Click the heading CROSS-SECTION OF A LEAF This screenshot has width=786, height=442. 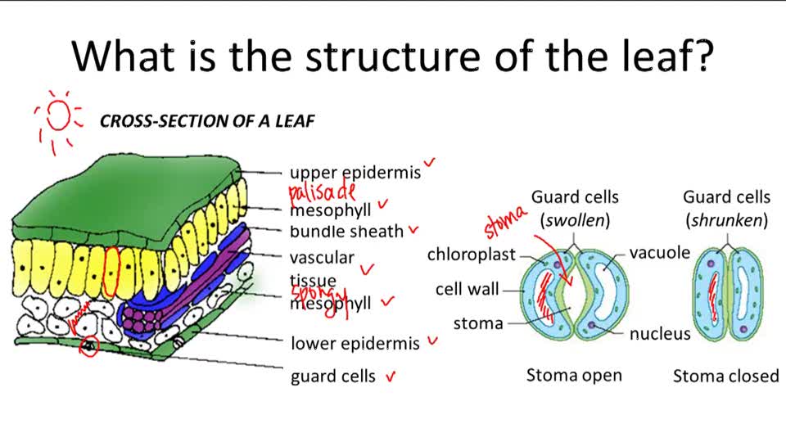coord(207,121)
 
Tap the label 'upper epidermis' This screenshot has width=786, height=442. coord(355,173)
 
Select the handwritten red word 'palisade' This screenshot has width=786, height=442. coord(323,192)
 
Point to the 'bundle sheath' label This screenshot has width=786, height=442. coord(346,232)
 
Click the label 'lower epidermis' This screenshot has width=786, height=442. coord(355,343)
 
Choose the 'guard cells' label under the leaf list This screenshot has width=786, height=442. coord(333,377)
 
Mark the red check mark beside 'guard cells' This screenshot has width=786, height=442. coord(391,377)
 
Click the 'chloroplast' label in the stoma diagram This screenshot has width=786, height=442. coord(471,255)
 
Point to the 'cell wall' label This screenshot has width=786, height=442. coord(468,289)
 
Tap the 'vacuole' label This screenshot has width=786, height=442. coord(660,253)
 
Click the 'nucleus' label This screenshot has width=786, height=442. coord(660,334)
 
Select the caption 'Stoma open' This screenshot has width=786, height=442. coord(574,376)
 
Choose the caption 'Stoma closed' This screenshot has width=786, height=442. coord(725,377)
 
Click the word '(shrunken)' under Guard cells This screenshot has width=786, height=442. coord(726,220)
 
